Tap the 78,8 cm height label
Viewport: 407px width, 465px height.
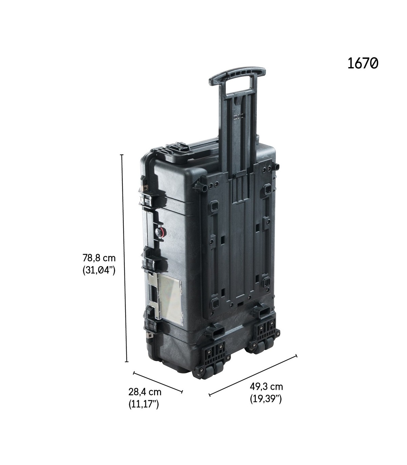coord(99,258)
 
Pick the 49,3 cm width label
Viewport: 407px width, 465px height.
coord(266,386)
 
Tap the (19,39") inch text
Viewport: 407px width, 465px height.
coord(266,399)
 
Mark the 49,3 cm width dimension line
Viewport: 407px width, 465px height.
coord(253,375)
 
